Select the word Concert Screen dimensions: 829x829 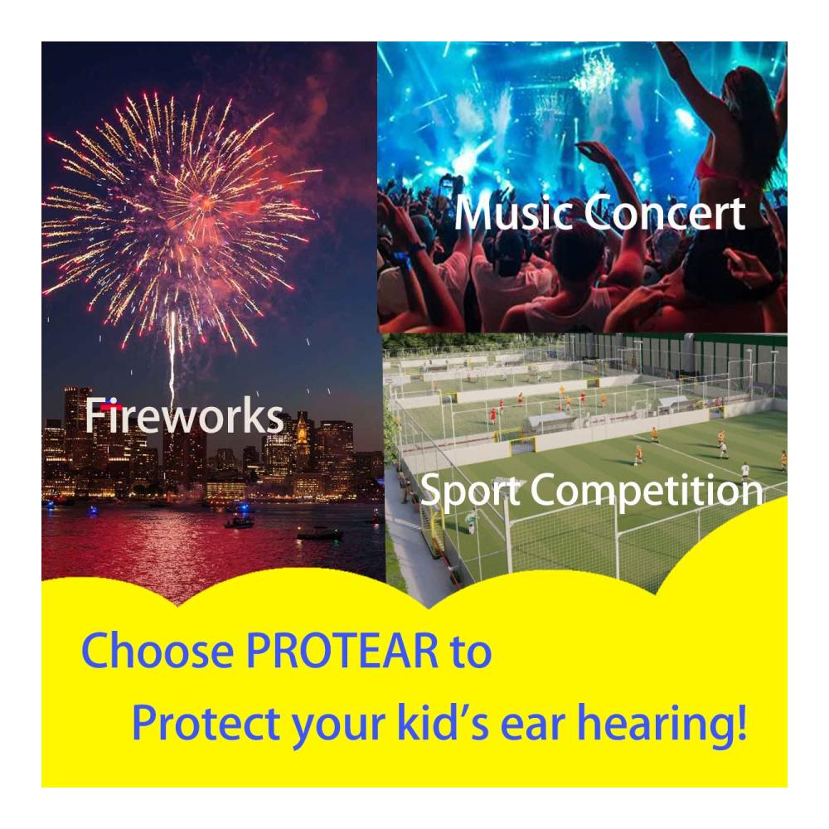point(665,212)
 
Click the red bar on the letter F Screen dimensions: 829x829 point(111,406)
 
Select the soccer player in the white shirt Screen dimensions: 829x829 point(744,469)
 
